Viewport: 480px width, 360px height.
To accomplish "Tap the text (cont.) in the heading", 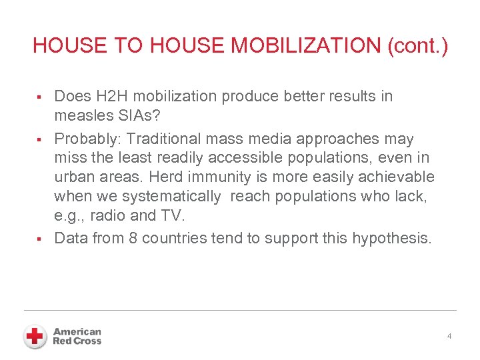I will tap(418, 46).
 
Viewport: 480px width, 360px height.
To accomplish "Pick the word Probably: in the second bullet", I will tap(88, 139).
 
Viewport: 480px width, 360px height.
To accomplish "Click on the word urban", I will tap(75, 177).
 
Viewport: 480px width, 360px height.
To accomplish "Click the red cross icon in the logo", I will tap(34, 337).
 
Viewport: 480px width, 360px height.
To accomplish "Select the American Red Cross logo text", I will tap(77, 337).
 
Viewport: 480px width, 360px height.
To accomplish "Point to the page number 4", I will tap(449, 336).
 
